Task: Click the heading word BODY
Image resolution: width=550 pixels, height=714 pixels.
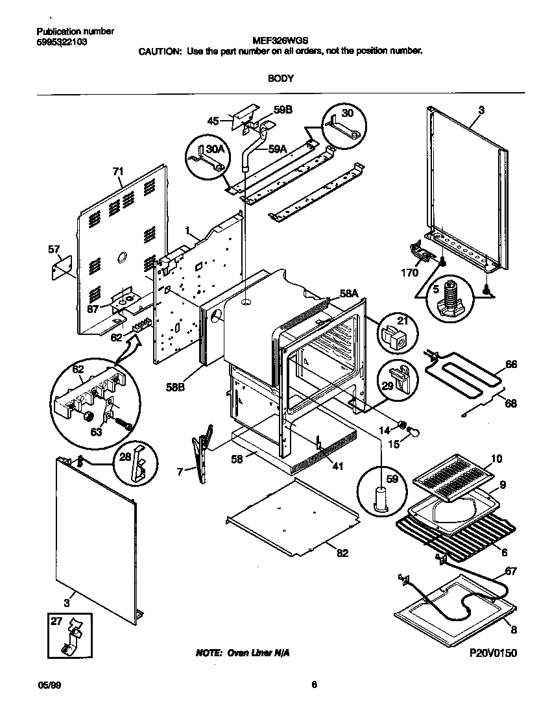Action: [281, 78]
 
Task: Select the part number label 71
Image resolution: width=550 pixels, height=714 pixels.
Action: [117, 171]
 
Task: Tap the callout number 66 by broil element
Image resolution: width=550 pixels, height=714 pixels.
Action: [511, 365]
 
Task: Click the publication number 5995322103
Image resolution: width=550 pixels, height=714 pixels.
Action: [62, 42]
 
